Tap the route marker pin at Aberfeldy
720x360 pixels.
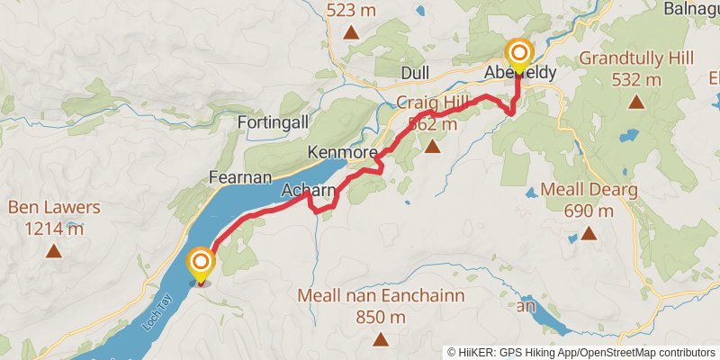pyautogui.click(x=518, y=54)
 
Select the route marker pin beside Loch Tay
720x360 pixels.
pyautogui.click(x=200, y=265)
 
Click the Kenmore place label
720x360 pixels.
pyautogui.click(x=341, y=152)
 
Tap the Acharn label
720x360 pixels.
pyautogui.click(x=309, y=191)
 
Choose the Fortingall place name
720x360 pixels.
pyautogui.click(x=275, y=121)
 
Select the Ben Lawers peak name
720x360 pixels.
pyautogui.click(x=54, y=208)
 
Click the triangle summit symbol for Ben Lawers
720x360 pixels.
pyautogui.click(x=55, y=252)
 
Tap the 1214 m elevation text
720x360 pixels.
pyautogui.click(x=54, y=229)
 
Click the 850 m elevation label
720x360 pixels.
pyautogui.click(x=380, y=318)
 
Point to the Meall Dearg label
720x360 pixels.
pyautogui.click(x=589, y=191)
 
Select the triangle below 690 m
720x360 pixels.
pyautogui.click(x=589, y=234)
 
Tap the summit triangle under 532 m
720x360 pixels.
pyautogui.click(x=637, y=102)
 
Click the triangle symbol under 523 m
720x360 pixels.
pyautogui.click(x=352, y=35)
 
